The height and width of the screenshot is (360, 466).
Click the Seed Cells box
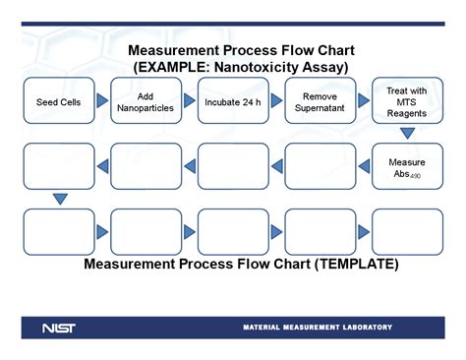coord(58,101)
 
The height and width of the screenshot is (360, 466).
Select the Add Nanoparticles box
coord(146,101)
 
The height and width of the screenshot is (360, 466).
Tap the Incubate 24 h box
coord(232,101)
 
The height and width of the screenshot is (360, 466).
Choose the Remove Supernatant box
coord(320,101)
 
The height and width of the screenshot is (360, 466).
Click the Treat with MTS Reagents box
coord(407,100)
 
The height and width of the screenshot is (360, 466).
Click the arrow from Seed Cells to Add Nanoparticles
coord(102,101)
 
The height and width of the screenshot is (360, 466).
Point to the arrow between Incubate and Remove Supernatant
coord(276,101)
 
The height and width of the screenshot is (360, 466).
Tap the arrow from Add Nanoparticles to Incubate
coord(189,101)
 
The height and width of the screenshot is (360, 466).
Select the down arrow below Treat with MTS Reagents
coord(407,134)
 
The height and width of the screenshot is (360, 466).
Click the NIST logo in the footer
coord(59,328)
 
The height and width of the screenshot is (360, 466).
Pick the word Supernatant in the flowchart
coord(320,108)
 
